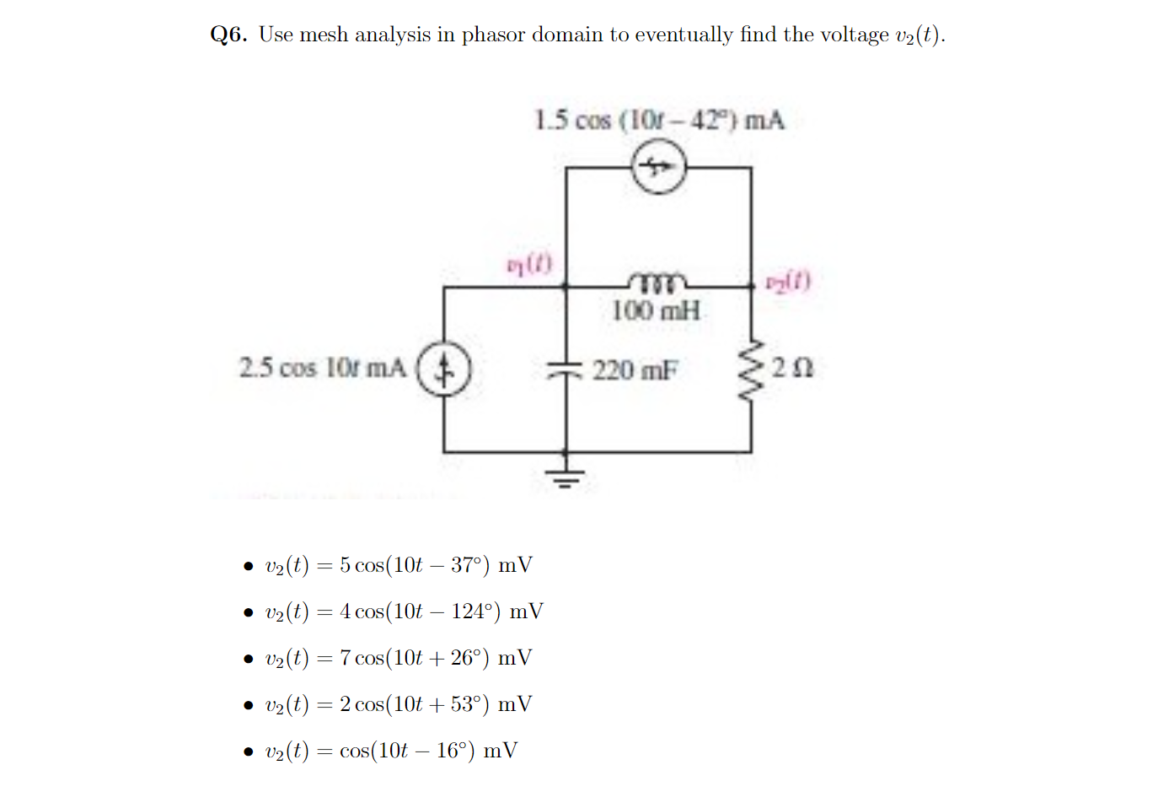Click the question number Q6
(228, 35)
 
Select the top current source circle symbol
(659, 167)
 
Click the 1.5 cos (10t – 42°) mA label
(659, 121)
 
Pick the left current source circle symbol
(444, 369)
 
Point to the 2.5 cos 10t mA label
(322, 369)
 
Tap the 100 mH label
(656, 310)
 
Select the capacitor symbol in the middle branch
(566, 369)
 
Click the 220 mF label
(635, 370)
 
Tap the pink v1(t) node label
(529, 264)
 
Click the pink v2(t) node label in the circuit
(788, 281)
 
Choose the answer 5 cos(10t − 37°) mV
(399, 565)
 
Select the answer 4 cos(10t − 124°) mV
(404, 611)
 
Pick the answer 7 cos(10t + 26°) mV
(399, 658)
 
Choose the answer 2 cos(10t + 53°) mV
(399, 704)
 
